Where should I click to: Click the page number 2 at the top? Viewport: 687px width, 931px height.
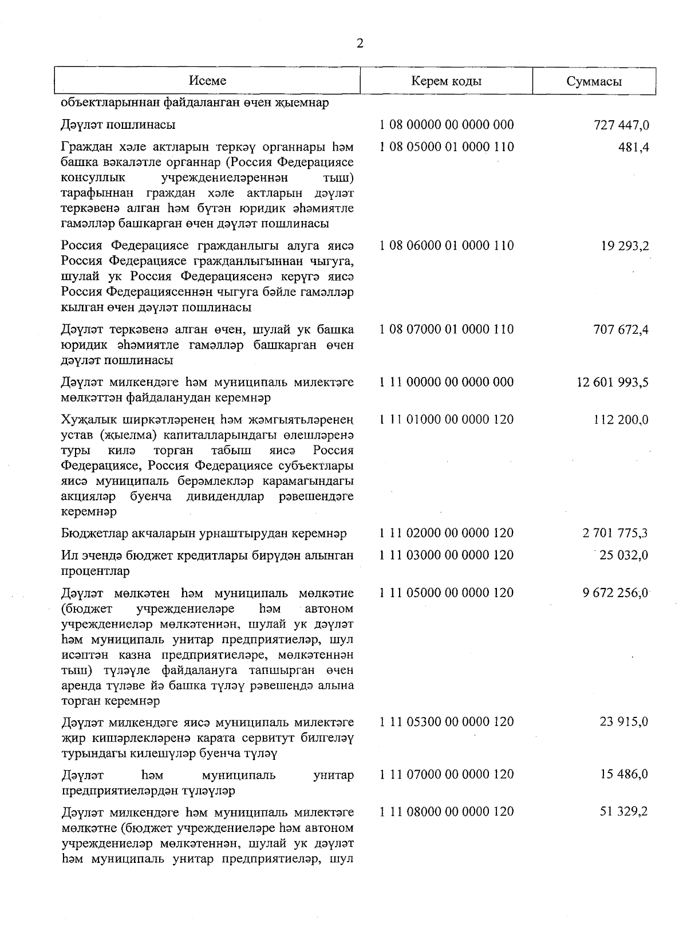360,44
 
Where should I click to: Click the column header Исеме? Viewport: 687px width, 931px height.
208,81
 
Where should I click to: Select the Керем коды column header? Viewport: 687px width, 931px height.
447,81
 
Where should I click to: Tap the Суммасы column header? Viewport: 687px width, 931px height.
594,81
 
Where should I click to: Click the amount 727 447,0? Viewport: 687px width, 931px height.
621,125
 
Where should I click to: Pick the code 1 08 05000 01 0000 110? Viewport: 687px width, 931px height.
447,147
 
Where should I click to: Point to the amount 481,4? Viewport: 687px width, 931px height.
633,147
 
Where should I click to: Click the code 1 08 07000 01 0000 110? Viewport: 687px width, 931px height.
447,329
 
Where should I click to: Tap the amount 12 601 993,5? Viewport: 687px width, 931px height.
613,382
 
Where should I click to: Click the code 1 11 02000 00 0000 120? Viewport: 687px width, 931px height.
447,533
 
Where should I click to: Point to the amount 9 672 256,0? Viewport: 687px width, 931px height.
615,593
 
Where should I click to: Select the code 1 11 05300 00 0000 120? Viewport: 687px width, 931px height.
447,722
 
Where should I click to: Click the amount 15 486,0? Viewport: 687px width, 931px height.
624,775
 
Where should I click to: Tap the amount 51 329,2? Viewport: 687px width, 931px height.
624,812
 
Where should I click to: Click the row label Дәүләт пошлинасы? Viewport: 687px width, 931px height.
118,125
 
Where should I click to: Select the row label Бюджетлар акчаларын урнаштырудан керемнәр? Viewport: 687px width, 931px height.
204,534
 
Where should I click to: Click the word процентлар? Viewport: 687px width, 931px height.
95,571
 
